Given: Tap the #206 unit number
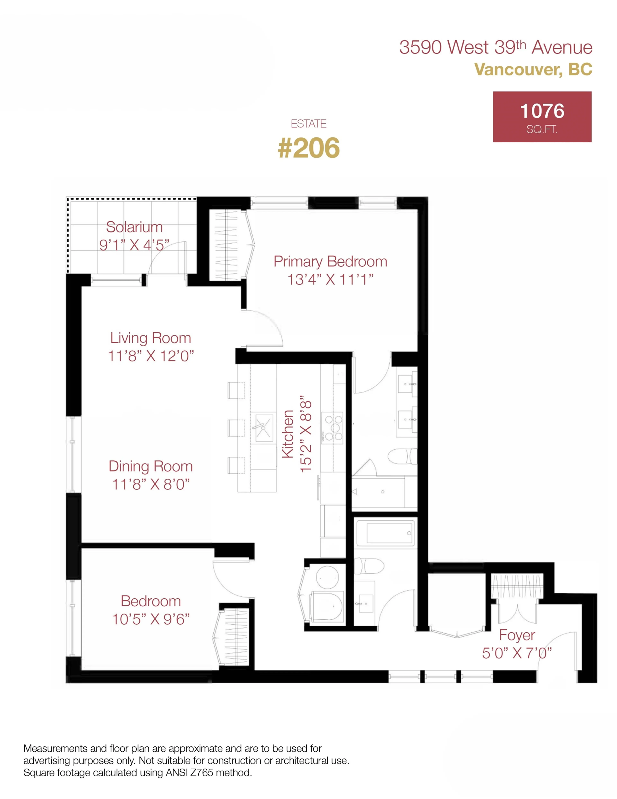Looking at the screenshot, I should click(x=309, y=148).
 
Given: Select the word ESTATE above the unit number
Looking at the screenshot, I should click(x=308, y=124).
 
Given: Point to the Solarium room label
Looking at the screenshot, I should click(x=134, y=227).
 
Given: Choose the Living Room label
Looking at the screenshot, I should click(x=151, y=338).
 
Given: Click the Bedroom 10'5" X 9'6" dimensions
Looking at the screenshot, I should click(x=151, y=619).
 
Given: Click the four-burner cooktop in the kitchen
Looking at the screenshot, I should click(x=332, y=428).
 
